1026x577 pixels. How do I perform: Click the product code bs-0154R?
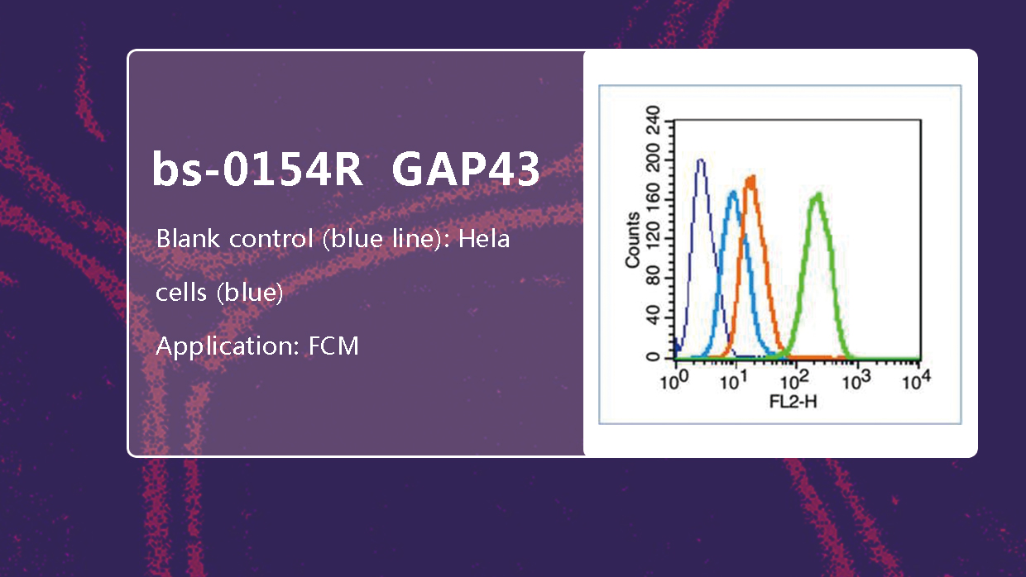tap(257, 169)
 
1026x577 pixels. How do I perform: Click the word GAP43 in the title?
tap(466, 169)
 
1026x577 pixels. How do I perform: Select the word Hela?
tap(484, 238)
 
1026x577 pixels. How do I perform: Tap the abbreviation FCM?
tap(333, 346)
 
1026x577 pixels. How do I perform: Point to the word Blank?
tap(189, 238)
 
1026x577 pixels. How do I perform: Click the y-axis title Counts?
tap(632, 240)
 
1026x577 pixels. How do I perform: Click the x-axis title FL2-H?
tap(793, 403)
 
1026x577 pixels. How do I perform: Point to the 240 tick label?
tap(653, 120)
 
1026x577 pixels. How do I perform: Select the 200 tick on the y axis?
tap(653, 160)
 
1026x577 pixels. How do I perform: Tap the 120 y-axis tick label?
tap(653, 239)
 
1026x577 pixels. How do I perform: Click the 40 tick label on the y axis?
tap(653, 317)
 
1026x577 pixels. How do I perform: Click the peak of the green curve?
tap(817, 195)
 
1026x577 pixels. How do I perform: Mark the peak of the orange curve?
tap(751, 179)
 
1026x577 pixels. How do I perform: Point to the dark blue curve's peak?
tap(700, 160)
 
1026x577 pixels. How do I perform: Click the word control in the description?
tap(271, 238)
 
